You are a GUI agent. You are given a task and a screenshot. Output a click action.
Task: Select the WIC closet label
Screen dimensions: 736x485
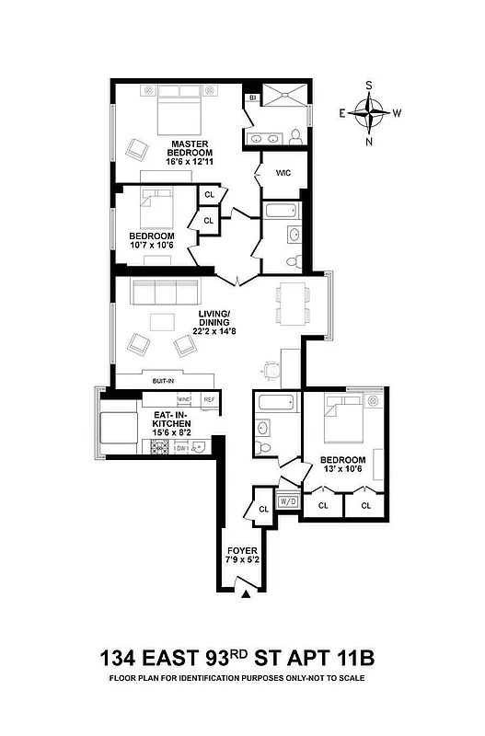click(283, 172)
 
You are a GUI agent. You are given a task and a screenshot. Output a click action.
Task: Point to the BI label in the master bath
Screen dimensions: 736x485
click(251, 97)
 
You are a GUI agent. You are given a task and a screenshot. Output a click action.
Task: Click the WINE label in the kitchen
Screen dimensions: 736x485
click(184, 399)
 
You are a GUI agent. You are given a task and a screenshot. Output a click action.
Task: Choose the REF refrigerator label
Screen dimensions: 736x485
click(209, 399)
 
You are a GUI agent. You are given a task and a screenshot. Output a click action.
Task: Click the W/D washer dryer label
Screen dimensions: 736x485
click(287, 501)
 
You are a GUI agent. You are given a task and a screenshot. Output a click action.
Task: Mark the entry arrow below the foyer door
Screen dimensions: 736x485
click(245, 595)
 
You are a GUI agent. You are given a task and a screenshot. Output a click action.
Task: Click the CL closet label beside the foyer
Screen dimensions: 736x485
click(262, 507)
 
